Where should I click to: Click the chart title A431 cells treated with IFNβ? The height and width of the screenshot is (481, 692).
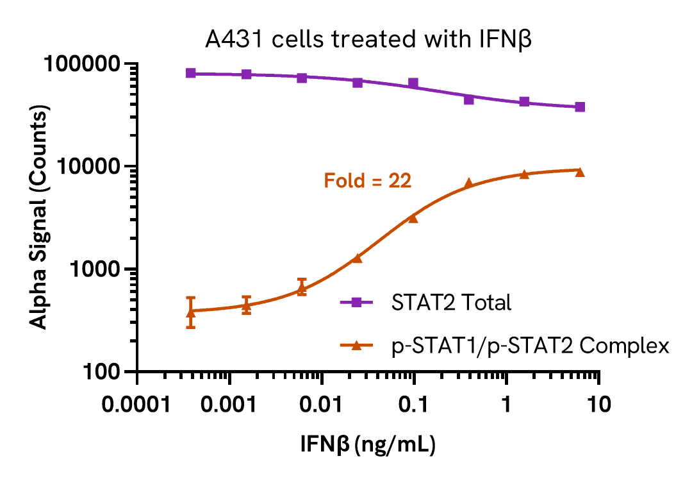point(369,40)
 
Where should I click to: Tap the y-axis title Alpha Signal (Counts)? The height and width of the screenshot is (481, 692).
point(40,218)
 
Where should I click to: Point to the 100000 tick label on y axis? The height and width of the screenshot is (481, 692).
point(86,64)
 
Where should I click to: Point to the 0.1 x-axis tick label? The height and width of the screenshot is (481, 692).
point(414,406)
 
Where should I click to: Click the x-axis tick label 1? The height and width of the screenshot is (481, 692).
point(507,406)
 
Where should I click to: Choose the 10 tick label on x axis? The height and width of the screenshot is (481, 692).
point(598,406)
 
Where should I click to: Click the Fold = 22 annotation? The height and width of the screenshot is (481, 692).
point(367,181)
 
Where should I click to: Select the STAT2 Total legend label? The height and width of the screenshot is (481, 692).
point(451,303)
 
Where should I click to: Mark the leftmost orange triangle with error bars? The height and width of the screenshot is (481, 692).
point(191,312)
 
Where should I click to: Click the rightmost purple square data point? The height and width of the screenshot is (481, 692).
point(580,106)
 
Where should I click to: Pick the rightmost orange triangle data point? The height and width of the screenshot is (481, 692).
point(580,172)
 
